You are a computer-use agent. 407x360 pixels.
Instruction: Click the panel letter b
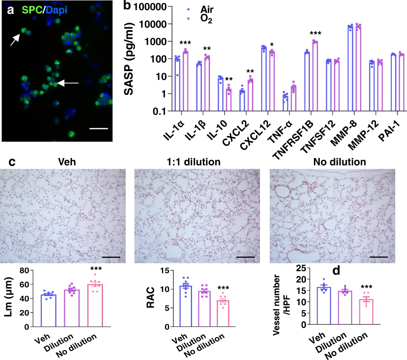(x=127, y=6)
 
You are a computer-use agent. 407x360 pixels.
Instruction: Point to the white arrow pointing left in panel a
(x=68, y=83)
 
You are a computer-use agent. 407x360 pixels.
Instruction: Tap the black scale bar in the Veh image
(x=111, y=257)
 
